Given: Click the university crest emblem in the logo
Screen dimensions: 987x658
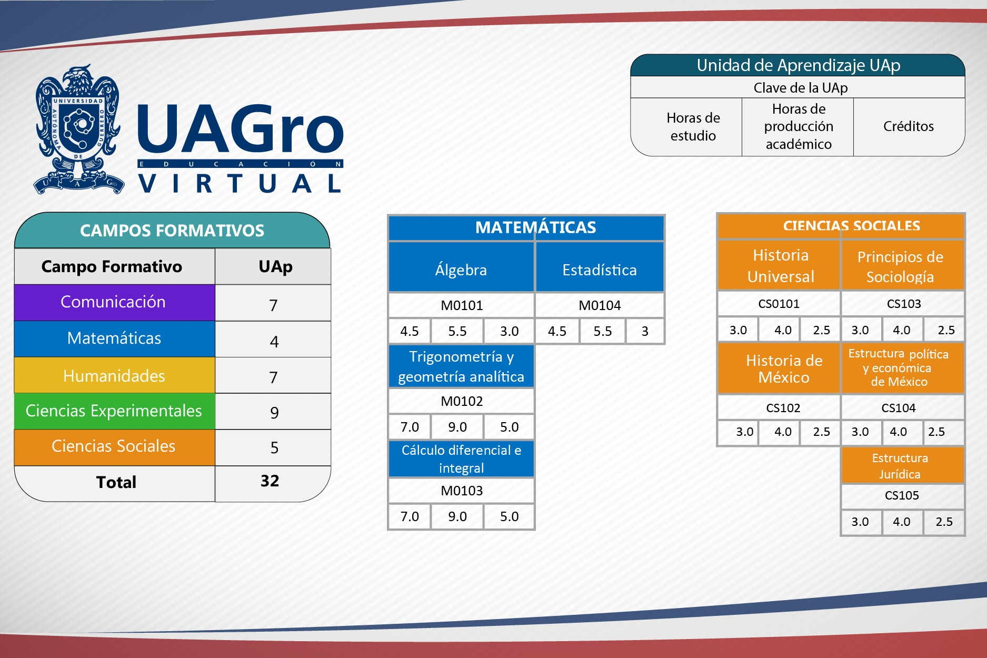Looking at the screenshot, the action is (79, 129).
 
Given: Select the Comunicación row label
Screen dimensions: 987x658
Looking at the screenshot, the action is (113, 302).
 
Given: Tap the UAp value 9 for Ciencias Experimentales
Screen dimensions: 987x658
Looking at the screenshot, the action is (274, 413).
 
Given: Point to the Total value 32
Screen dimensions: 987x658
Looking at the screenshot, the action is (270, 481).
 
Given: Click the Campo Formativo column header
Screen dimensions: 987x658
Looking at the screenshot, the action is (112, 266).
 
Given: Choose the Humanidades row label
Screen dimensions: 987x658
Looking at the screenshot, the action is (114, 376).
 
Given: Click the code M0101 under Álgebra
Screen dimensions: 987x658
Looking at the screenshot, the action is (462, 305).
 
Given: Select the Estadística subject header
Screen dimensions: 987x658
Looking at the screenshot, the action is (600, 270).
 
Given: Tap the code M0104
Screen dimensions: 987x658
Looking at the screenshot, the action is (600, 305).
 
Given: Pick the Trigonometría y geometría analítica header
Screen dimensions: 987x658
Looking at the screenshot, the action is (461, 366).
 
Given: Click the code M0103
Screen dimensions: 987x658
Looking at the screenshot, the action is (462, 491).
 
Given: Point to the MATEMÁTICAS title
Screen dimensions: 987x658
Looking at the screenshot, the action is (535, 227).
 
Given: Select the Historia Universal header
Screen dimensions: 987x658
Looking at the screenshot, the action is (781, 266).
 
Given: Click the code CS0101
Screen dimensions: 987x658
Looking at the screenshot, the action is (779, 304).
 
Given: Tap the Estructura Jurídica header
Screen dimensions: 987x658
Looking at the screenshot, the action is (900, 466).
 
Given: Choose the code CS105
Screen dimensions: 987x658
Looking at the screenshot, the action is (902, 495).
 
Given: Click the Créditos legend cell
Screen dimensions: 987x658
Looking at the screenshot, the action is (909, 126).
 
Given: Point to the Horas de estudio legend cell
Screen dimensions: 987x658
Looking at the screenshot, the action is (693, 127).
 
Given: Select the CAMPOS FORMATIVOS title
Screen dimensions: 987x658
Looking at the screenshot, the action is (172, 231).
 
